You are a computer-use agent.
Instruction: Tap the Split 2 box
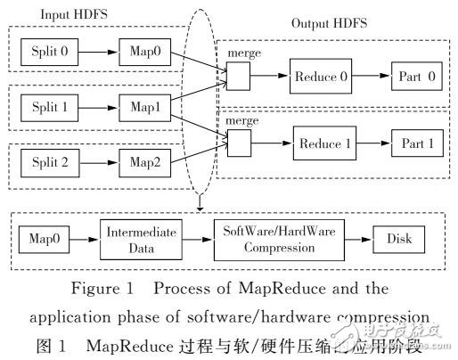click(x=51, y=163)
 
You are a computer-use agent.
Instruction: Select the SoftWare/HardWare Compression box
click(x=268, y=240)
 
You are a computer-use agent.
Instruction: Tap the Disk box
click(x=397, y=240)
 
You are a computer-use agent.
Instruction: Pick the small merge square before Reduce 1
click(x=239, y=142)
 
